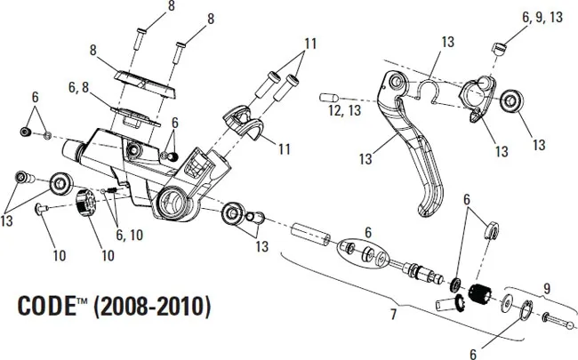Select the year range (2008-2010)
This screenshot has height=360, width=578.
pyautogui.click(x=151, y=307)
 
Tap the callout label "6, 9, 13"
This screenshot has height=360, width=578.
pyautogui.click(x=542, y=17)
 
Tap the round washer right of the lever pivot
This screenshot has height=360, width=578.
pyautogui.click(x=512, y=100)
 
